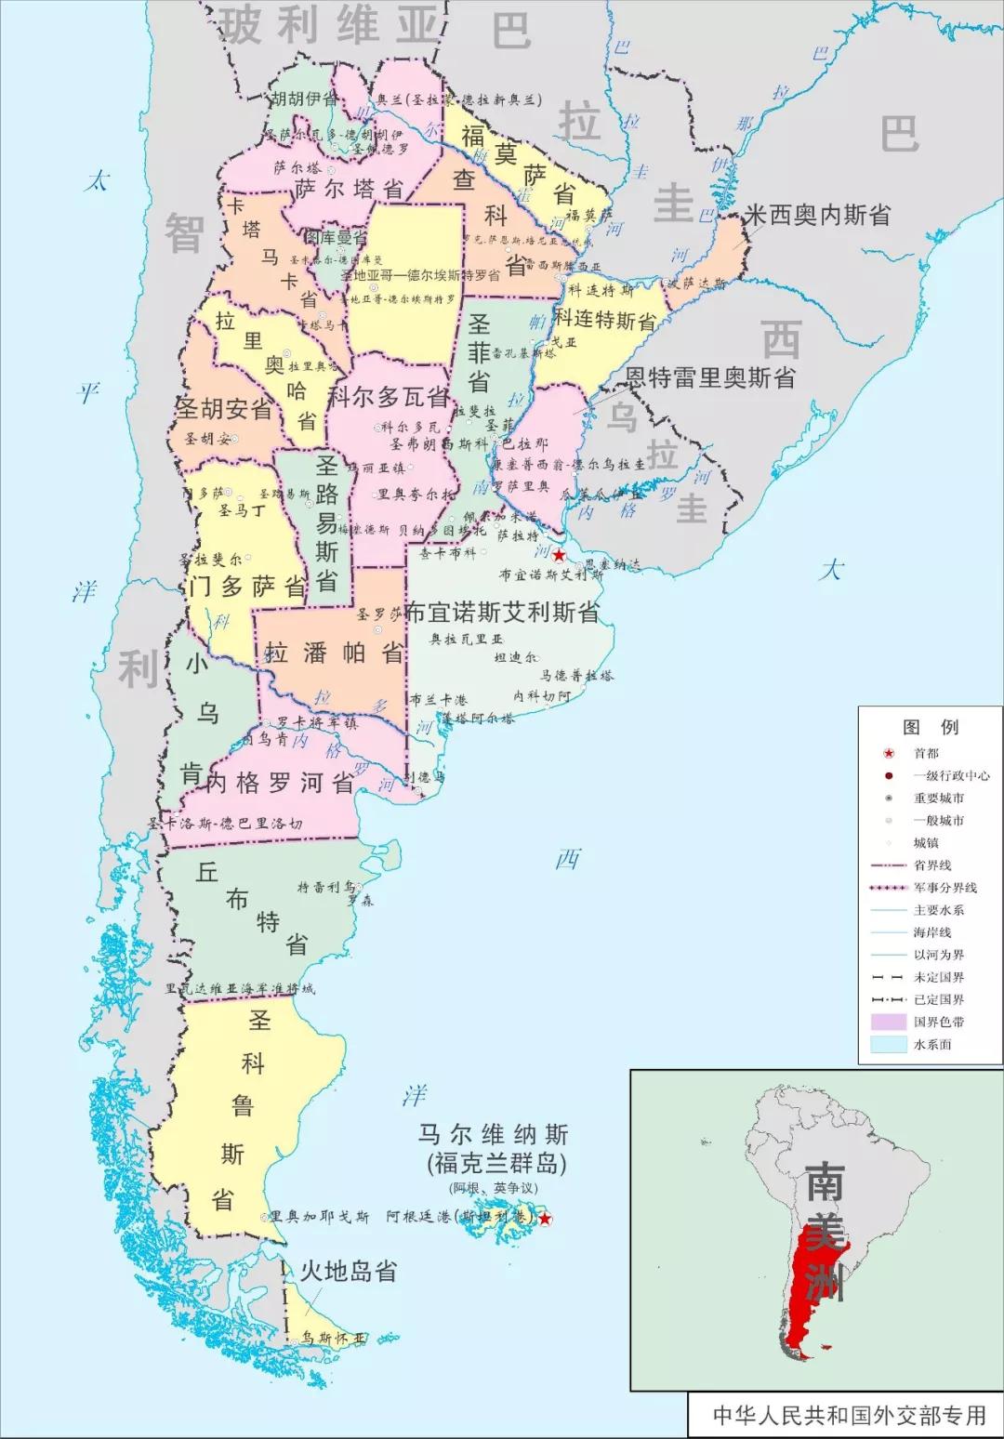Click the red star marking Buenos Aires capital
(x=558, y=556)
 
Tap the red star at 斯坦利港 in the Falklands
(x=546, y=1220)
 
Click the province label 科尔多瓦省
(x=389, y=397)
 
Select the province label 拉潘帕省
(x=335, y=653)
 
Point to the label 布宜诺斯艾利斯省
(x=502, y=613)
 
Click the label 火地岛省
(x=348, y=1271)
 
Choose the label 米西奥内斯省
(x=817, y=215)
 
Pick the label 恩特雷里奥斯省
(x=709, y=378)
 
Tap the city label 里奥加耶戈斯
(x=319, y=1217)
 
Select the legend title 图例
(x=930, y=727)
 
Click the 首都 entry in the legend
(x=926, y=753)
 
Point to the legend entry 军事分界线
(x=945, y=888)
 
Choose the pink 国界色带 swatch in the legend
(x=890, y=1022)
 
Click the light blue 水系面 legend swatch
(x=890, y=1044)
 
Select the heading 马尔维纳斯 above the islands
(x=493, y=1135)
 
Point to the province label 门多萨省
(x=246, y=587)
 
